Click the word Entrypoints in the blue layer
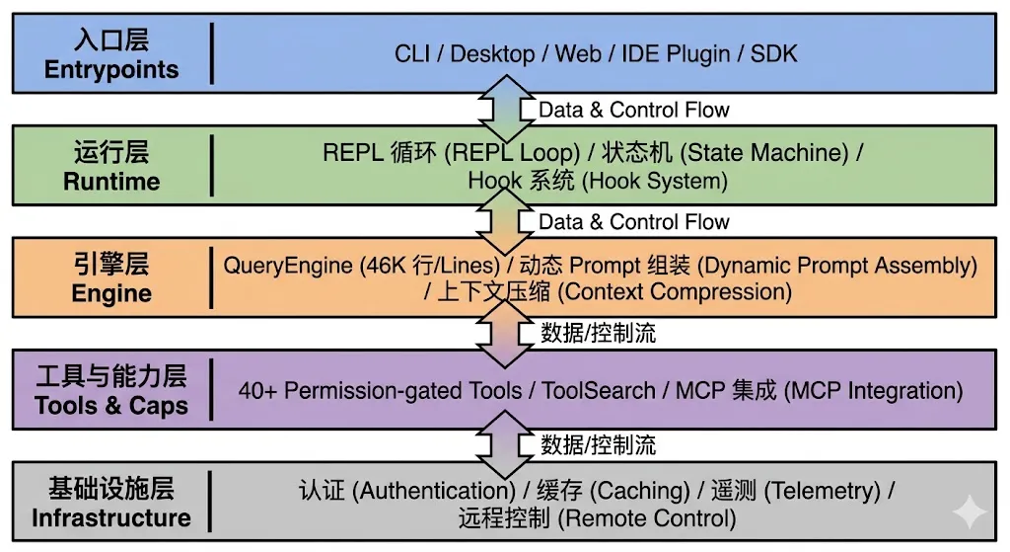coord(111,70)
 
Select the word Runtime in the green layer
coord(111,182)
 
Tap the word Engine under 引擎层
coord(111,294)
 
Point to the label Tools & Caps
coord(111,406)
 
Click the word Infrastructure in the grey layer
coord(111,517)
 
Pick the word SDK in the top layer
coord(773,53)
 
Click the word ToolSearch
coord(599,390)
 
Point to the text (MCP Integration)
coord(874,390)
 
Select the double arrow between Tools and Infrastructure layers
coord(506,443)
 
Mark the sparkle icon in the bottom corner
coord(970,513)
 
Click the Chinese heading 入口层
coord(111,41)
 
